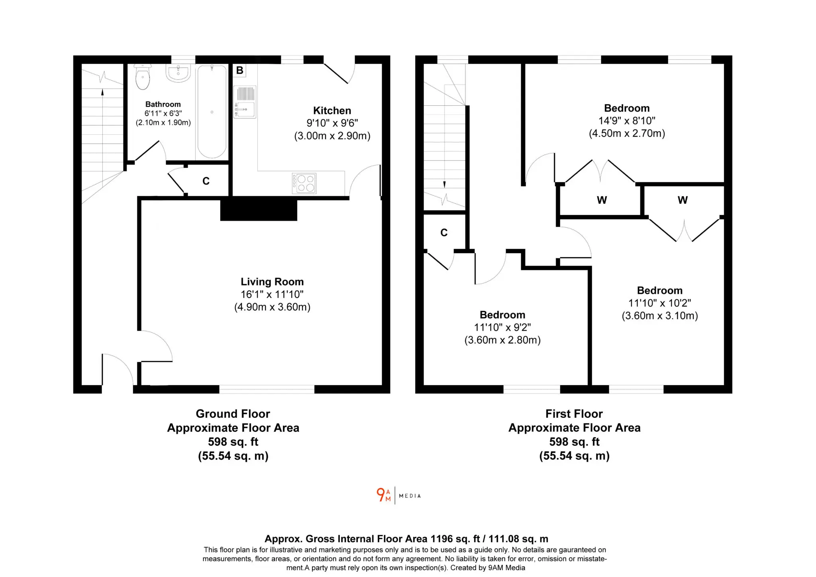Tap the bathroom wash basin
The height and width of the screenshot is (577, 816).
(178, 73)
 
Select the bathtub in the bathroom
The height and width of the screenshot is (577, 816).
(212, 111)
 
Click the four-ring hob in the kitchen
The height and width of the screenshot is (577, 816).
(304, 183)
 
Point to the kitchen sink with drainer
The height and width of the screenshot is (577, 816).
(245, 102)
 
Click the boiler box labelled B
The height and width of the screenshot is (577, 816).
(239, 70)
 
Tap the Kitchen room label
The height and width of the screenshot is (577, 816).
(332, 110)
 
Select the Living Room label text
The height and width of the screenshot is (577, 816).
(272, 282)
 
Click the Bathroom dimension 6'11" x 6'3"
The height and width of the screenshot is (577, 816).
(163, 113)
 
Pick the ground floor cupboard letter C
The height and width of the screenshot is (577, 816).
(206, 181)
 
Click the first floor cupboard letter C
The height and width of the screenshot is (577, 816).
(444, 232)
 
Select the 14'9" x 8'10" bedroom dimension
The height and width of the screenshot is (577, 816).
(627, 120)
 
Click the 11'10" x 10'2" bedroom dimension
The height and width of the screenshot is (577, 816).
(660, 303)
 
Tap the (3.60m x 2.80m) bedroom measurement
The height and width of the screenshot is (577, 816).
(502, 340)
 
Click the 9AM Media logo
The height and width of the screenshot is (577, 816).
(398, 495)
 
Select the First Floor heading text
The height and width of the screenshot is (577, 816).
(574, 414)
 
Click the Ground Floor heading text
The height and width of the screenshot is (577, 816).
(233, 414)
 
